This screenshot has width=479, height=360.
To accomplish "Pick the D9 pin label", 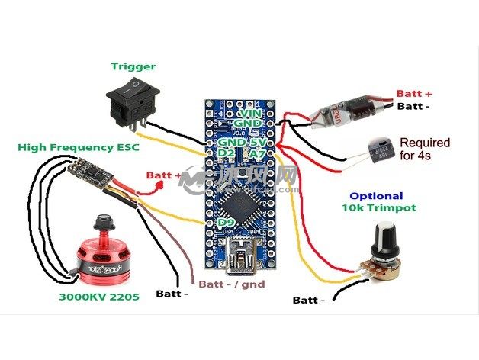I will click(x=226, y=223).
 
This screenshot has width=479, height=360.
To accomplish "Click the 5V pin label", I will click(x=260, y=142).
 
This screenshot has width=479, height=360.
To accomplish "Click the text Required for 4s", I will click(x=424, y=149).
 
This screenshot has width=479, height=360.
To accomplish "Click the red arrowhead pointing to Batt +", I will click(x=137, y=176).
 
